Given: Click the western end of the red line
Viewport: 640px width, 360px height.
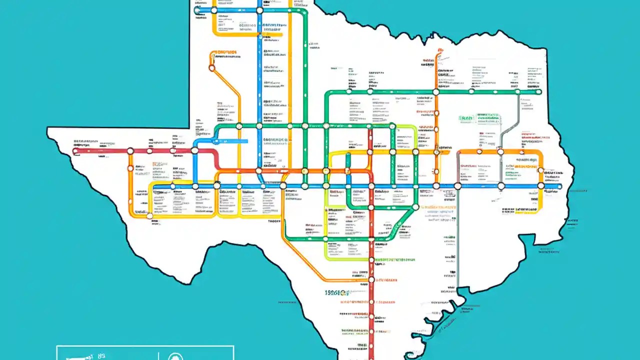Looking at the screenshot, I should point(75,150).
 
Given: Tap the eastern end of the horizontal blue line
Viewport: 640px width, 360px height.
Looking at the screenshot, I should point(559,186).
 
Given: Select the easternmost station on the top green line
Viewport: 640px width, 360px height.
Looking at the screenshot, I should point(538,91).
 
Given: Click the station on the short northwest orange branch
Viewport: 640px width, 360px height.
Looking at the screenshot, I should point(211,68).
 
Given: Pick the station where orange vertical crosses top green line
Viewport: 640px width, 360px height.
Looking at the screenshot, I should point(436,92).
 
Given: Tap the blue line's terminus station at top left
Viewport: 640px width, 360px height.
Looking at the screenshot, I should point(196,10).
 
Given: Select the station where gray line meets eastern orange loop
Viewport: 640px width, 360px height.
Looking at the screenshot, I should point(500,151).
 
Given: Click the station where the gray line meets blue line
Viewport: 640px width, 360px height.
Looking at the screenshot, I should point(457,186).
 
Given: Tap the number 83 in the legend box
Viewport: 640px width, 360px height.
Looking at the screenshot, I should point(101,356).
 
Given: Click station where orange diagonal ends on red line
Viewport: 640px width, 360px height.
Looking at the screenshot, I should point(371,280).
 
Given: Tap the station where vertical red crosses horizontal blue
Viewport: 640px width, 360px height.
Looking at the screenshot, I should point(371,186).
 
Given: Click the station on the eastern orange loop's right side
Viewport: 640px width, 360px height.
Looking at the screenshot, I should point(541,170).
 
